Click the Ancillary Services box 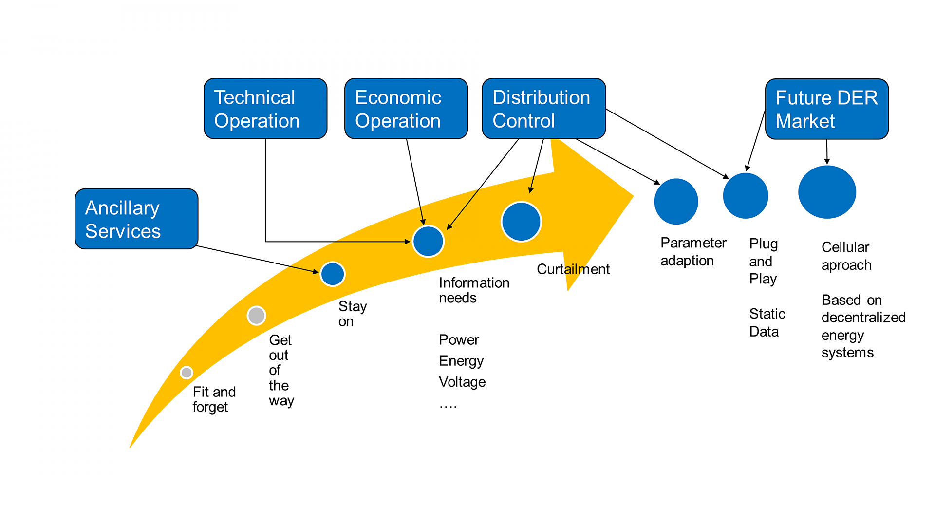[136, 219]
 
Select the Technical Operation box [265, 109]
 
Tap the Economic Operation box [406, 109]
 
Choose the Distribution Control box [544, 109]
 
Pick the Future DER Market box [827, 109]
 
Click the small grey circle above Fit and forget [187, 373]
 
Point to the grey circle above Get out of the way [256, 316]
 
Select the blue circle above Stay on [333, 274]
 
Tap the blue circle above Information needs [428, 241]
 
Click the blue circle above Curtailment [521, 222]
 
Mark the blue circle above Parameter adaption [676, 201]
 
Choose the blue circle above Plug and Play [746, 195]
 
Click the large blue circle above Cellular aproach [827, 192]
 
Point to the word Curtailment [573, 269]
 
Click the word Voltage [462, 382]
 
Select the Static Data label [767, 322]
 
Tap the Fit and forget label [214, 399]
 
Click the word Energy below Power [461, 361]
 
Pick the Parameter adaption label [693, 252]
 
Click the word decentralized [863, 318]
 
